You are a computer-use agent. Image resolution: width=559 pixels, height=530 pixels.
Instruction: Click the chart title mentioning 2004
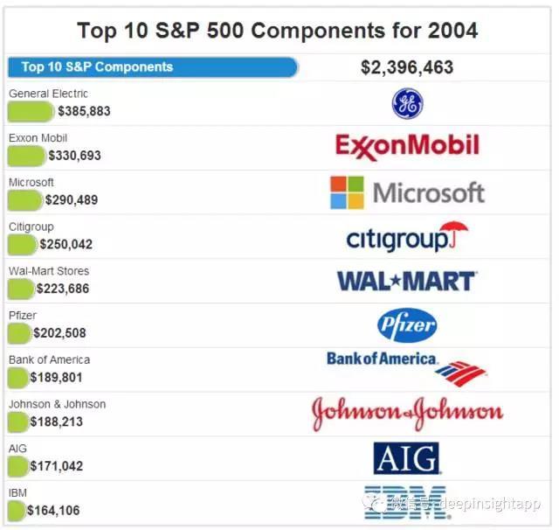[277, 31]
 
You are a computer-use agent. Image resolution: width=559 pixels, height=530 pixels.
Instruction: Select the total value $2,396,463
[406, 67]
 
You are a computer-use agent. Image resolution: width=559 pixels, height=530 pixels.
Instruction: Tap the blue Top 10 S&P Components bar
[153, 67]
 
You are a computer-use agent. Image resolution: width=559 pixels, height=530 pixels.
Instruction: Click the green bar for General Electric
[31, 111]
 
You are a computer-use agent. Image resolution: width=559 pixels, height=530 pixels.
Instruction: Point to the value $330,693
[74, 156]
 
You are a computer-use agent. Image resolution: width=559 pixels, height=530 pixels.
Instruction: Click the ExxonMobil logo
[407, 146]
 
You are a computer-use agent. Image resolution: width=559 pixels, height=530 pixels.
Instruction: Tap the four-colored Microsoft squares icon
[347, 192]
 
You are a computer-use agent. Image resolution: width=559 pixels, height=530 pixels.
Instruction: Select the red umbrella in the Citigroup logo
[453, 234]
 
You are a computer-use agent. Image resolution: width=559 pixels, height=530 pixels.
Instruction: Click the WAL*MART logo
[407, 281]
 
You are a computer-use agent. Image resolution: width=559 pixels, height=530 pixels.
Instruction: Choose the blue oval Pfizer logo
[407, 325]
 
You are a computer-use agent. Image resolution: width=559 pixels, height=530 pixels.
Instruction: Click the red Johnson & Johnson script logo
[407, 414]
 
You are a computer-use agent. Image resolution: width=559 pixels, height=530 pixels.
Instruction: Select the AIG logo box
[406, 457]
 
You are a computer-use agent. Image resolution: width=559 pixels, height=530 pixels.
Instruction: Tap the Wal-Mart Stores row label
[49, 271]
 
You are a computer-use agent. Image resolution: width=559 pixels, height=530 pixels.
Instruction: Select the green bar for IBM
[17, 510]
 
